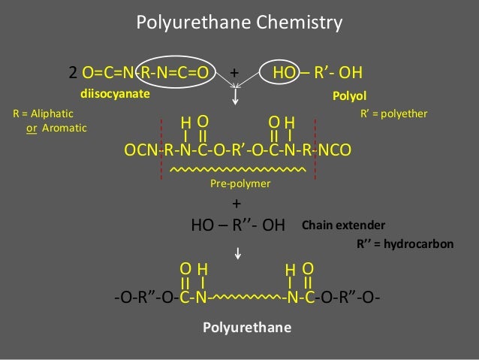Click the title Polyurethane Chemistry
(239, 23)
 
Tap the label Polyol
(348, 96)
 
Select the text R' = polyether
(394, 113)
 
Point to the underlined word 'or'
(32, 128)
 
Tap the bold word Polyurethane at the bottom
(247, 328)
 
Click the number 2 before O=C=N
(74, 74)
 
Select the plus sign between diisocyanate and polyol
(234, 74)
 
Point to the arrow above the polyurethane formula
(237, 253)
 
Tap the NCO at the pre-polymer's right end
(334, 151)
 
